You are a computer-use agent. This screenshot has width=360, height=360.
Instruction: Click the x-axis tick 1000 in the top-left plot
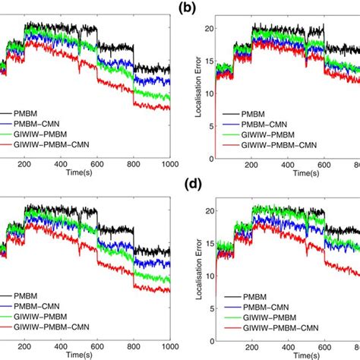pos(169,164)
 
